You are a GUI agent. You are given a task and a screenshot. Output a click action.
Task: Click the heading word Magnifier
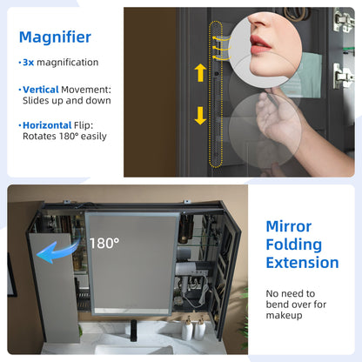coord(55,37)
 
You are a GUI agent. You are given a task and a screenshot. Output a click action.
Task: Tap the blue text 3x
coord(29,63)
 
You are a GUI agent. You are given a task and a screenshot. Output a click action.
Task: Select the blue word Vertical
coord(41,90)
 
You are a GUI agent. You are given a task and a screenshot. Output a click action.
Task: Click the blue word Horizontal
coord(47,125)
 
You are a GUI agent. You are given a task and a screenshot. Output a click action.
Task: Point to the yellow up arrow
coord(200,73)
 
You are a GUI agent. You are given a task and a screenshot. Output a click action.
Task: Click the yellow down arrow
coord(200,116)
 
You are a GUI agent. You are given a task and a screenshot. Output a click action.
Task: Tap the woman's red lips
coord(260,44)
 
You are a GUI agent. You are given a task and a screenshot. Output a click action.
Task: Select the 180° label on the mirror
coord(104,243)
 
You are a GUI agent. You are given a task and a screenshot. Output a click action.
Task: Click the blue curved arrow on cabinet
coord(57,250)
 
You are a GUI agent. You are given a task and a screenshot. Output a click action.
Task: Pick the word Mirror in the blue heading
coord(289,226)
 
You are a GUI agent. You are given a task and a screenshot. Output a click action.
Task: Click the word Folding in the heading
coord(294,245)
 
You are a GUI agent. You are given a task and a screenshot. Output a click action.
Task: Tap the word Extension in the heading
coord(302,263)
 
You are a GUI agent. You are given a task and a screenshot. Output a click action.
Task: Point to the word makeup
coord(284,315)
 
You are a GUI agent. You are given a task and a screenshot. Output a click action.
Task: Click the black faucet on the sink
coord(133,330)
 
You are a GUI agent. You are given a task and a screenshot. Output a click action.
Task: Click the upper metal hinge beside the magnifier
coord(343,20)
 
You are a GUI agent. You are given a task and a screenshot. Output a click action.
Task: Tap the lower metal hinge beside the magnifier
coord(343,77)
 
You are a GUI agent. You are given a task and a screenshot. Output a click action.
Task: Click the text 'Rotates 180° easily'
coord(64,137)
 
